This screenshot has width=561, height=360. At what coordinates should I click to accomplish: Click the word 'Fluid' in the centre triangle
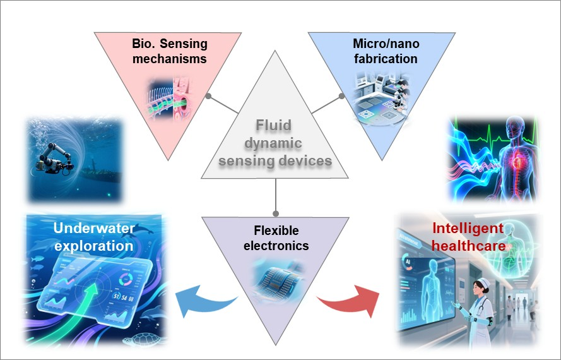(x=276, y=126)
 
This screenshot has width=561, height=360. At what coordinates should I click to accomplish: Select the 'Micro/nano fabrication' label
(x=385, y=52)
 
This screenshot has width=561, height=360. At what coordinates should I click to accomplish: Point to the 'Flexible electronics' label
(x=276, y=237)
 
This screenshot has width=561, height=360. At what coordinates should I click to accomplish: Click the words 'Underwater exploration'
(x=93, y=237)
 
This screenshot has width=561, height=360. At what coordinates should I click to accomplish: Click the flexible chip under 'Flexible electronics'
(x=276, y=275)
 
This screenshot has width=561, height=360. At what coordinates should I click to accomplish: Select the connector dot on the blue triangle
(x=341, y=97)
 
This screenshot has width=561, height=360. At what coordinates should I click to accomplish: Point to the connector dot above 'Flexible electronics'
(x=275, y=213)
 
